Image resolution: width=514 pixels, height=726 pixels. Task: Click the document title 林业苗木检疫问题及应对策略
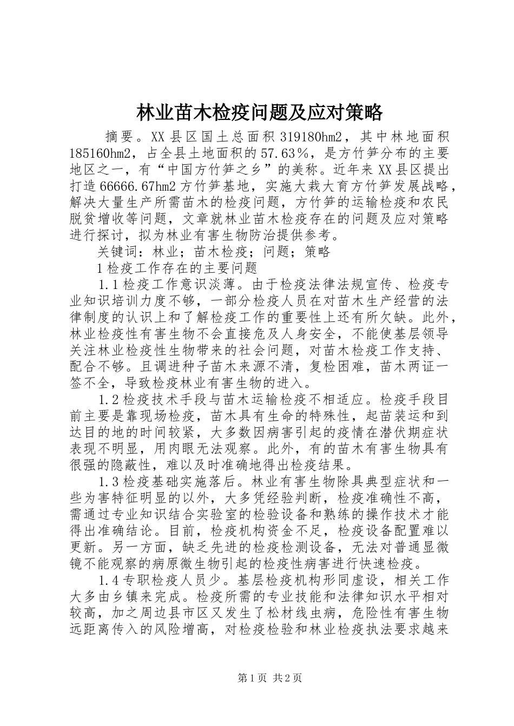(259, 113)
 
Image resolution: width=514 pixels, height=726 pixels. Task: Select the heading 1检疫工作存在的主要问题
(175, 268)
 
